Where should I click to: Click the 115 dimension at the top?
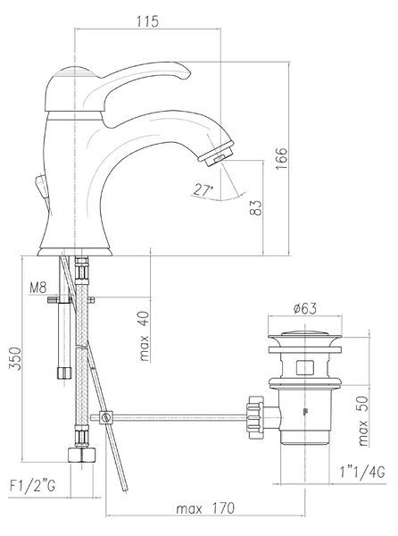(x=148, y=21)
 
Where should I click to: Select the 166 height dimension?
(x=282, y=159)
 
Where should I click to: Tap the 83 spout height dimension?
(x=256, y=207)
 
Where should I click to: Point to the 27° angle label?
(x=203, y=189)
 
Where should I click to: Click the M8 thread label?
(x=37, y=289)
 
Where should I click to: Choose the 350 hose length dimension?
(x=15, y=358)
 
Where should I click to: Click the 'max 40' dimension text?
(x=145, y=337)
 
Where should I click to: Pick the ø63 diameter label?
(x=305, y=309)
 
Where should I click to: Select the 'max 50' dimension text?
(x=363, y=421)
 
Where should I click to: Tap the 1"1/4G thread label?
(x=362, y=473)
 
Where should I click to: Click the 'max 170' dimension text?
(x=205, y=508)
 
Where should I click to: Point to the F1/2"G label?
(x=32, y=485)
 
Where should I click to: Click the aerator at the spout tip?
(x=217, y=154)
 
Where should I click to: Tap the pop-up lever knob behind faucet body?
(x=41, y=187)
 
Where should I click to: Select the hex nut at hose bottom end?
(x=82, y=456)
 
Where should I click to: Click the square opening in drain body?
(x=305, y=367)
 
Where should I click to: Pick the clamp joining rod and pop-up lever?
(x=106, y=417)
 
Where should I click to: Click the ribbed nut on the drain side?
(x=255, y=417)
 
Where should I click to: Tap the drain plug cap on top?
(x=305, y=333)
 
